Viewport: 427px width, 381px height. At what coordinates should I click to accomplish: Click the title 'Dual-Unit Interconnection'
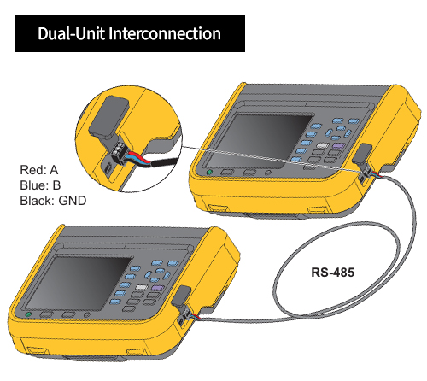[x=130, y=34]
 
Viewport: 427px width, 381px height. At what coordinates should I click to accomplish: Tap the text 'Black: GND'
[x=52, y=201]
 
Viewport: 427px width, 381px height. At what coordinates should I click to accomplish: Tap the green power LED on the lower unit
[x=29, y=315]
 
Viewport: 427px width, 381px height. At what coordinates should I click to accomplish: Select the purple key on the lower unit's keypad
[x=155, y=290]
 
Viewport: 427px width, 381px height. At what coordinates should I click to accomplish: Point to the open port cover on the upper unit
[x=362, y=155]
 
